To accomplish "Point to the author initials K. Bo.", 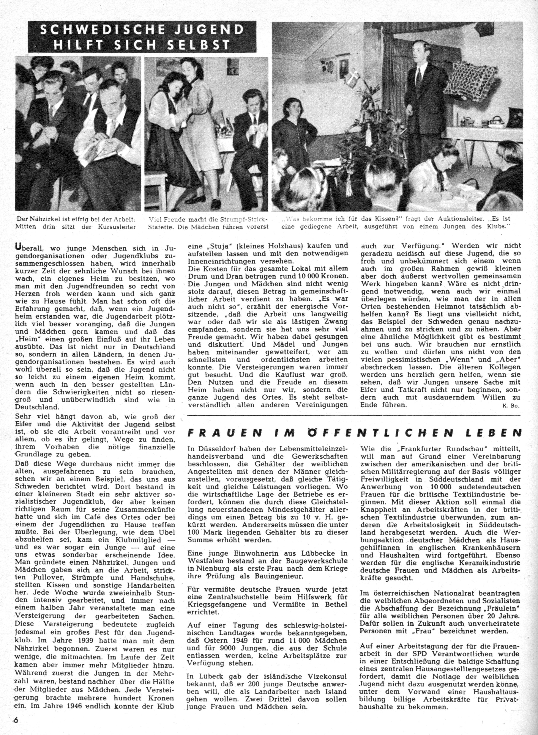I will tap(511, 406).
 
